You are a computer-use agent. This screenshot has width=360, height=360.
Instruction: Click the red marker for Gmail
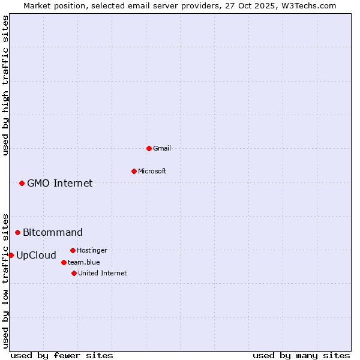click(x=149, y=148)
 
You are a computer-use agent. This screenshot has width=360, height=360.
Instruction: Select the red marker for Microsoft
click(x=134, y=171)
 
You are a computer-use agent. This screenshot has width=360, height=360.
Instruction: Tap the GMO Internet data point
click(x=22, y=183)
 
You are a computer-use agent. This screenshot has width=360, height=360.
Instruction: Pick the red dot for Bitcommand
click(x=17, y=232)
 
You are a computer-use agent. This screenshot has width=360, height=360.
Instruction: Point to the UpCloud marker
click(x=11, y=255)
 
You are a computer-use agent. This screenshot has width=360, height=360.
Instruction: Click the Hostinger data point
click(x=73, y=250)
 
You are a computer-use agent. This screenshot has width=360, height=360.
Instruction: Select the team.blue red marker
click(x=64, y=262)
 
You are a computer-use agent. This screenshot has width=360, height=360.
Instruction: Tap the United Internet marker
click(x=74, y=273)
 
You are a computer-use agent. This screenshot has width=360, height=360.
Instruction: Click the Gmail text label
click(x=162, y=148)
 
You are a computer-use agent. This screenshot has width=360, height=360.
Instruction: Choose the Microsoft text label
click(x=152, y=171)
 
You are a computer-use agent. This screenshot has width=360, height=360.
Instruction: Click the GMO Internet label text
click(x=60, y=183)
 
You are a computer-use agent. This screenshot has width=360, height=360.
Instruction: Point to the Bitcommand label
click(x=53, y=232)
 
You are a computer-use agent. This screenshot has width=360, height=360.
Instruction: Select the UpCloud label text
click(x=36, y=255)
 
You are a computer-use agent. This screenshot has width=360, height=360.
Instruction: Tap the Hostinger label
click(x=92, y=250)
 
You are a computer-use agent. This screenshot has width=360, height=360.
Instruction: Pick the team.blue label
click(x=84, y=262)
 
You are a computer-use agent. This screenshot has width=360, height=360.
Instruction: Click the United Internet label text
click(x=103, y=273)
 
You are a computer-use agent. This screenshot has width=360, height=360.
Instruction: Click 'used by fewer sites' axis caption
click(x=62, y=355)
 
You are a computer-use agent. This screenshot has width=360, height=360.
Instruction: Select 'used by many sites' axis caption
click(x=301, y=355)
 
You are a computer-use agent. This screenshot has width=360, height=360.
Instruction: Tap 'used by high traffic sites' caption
click(x=5, y=85)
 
